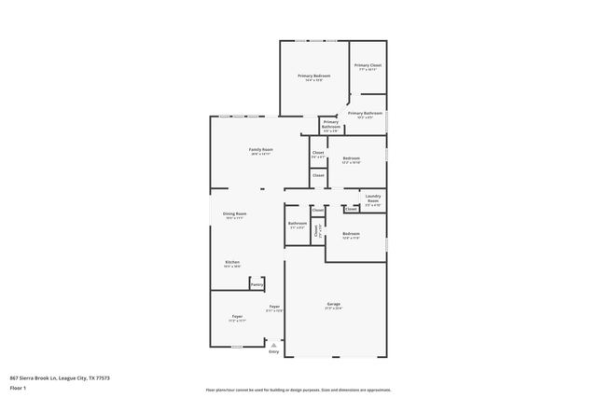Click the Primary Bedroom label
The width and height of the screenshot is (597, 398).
click(x=314, y=75)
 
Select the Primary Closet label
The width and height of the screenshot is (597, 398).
click(x=368, y=65)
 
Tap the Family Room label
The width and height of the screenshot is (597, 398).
click(x=260, y=149)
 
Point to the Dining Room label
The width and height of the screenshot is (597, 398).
click(x=234, y=213)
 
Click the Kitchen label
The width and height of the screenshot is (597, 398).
click(x=232, y=262)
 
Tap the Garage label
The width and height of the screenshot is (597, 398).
click(x=333, y=304)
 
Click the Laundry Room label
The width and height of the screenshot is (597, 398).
click(x=373, y=198)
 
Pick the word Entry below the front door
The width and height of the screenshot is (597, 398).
click(x=273, y=351)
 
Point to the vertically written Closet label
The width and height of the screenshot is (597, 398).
click(x=317, y=230)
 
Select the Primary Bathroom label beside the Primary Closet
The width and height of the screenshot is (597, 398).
click(x=366, y=113)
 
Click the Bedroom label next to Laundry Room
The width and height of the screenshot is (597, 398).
click(x=351, y=233)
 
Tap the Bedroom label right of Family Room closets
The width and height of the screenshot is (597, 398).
click(x=351, y=158)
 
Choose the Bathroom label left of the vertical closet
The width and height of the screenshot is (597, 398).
click(x=298, y=223)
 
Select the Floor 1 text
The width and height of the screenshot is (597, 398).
click(x=18, y=387)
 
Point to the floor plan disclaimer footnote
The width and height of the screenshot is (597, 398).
click(x=298, y=389)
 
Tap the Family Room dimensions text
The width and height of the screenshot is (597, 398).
click(x=260, y=154)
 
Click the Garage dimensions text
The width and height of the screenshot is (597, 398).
click(x=333, y=309)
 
